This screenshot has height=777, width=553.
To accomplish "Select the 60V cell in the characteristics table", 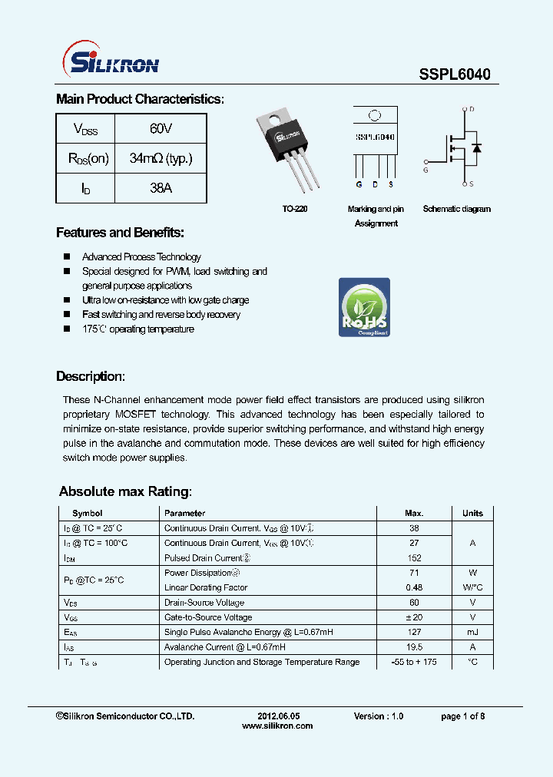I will click(161, 129).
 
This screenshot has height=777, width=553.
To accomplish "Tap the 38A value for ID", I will click(161, 188).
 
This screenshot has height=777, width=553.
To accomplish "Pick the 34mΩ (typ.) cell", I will click(161, 159).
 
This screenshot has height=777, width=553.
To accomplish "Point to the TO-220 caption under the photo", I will click(295, 209).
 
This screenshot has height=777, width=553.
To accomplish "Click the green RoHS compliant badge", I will click(364, 307).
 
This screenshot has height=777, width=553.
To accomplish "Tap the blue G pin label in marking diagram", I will click(359, 185).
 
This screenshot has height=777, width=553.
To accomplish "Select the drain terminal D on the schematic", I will click(472, 111).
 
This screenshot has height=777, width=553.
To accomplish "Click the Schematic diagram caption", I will click(456, 209).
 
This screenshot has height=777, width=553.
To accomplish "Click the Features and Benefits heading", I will click(120, 233).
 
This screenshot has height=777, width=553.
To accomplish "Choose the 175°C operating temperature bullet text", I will click(138, 329).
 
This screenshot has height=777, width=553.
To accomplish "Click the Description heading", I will click(90, 377).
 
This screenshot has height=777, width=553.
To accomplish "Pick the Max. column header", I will click(414, 513).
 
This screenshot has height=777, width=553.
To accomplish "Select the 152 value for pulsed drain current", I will click(414, 558).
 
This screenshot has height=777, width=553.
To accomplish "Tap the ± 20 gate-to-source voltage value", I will click(414, 617).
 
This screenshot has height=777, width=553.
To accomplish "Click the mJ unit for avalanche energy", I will click(472, 632).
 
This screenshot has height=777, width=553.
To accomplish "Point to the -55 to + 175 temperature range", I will click(414, 662).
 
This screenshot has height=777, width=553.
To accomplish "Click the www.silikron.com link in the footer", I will click(277, 726).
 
